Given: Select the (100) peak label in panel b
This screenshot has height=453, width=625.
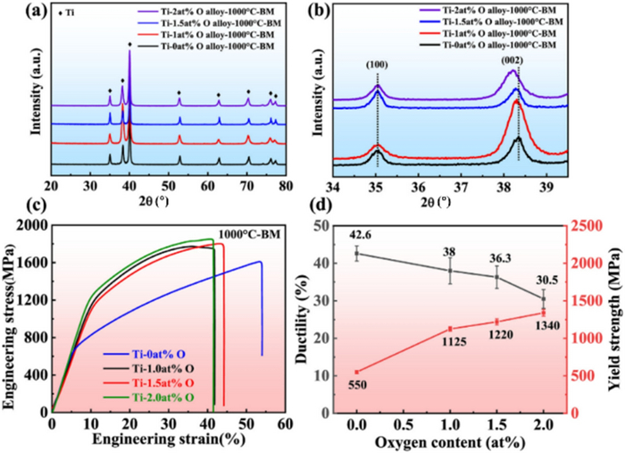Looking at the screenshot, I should pyautogui.click(x=376, y=64).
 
